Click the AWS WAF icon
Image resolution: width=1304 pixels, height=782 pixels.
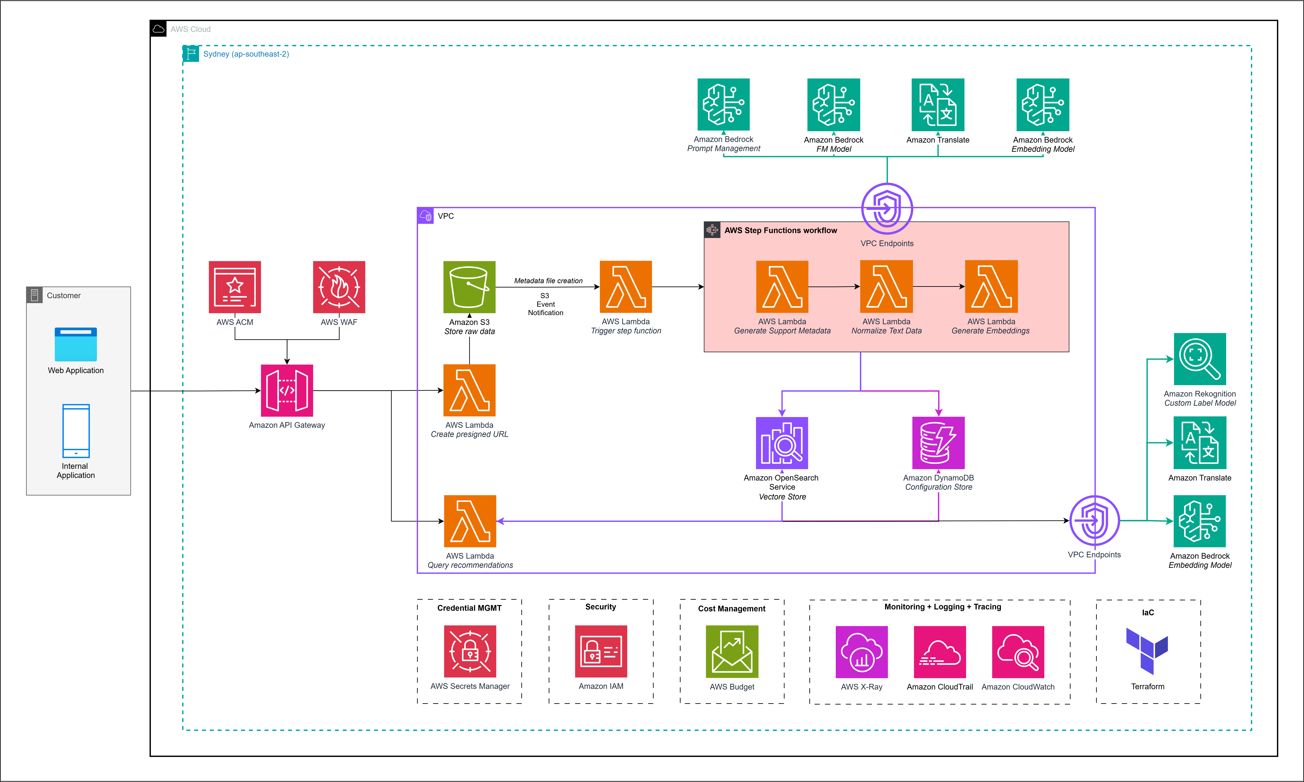point(339,287)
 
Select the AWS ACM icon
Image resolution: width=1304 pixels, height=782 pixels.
point(235,287)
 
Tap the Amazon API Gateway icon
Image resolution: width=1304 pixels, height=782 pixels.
point(287,391)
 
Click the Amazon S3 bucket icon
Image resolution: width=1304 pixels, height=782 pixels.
point(469,287)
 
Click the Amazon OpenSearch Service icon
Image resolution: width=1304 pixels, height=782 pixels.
point(782,443)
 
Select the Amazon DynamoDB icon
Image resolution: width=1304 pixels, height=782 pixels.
point(939,443)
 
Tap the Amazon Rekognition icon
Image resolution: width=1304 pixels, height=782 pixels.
point(1200,359)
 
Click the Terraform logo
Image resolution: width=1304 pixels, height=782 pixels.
point(1147,651)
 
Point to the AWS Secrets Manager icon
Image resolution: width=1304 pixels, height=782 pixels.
point(470,651)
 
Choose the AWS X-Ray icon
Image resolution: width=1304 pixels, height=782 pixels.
point(862,652)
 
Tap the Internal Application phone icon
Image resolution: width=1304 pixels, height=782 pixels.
point(76,431)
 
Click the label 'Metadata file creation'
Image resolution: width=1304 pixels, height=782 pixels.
point(548,281)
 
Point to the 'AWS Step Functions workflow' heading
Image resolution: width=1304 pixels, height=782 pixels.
point(780,230)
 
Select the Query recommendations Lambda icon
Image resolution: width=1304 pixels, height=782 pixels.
point(470,521)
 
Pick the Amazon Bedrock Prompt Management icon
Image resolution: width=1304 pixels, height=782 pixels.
point(724,104)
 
